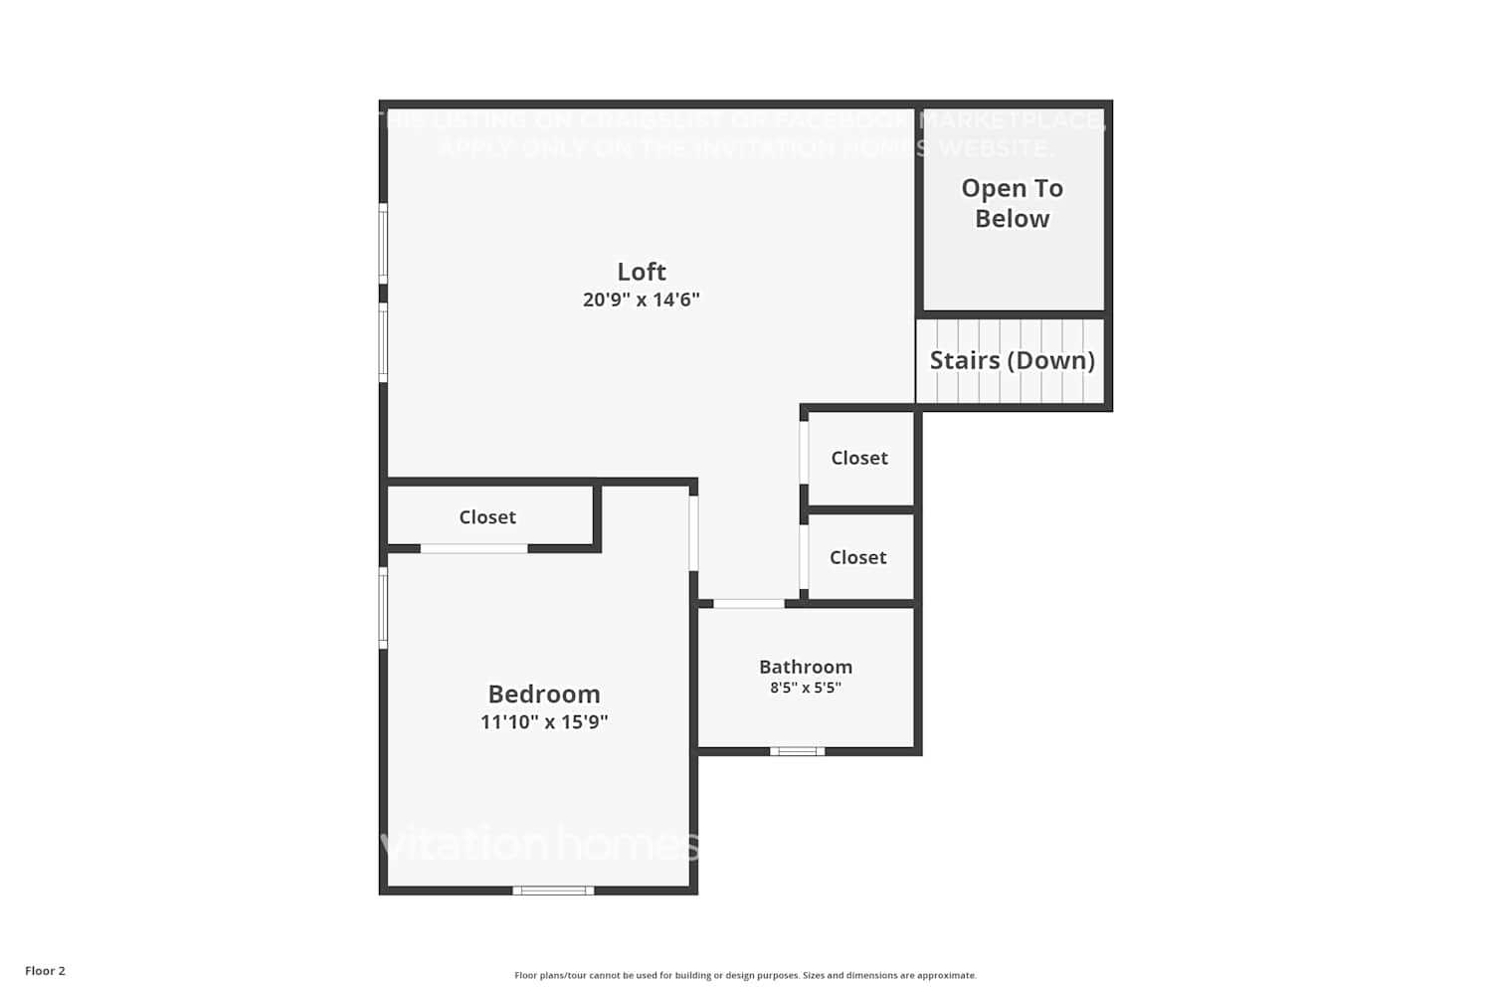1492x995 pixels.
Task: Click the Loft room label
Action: pos(642,272)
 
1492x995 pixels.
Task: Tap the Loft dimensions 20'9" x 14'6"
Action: pos(642,299)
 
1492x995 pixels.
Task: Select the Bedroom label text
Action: pos(544,694)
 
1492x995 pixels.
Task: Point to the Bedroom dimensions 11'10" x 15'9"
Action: pos(544,722)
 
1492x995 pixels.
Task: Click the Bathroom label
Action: pos(806,667)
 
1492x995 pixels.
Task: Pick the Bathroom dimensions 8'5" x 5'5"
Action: pos(806,688)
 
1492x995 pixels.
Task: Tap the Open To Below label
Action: pos(1012,203)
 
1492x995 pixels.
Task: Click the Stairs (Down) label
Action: pos(1012,360)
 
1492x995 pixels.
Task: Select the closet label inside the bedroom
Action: pos(487,517)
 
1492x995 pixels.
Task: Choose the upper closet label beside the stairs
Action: pos(859,458)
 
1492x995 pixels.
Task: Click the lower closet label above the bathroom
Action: pos(857,557)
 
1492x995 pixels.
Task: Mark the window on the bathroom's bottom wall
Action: pos(797,751)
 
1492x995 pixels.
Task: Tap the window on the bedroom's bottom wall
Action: pos(553,891)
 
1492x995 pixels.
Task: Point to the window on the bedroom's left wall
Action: pos(383,608)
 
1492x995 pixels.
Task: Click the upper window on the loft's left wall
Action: pos(383,243)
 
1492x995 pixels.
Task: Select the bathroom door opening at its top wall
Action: pos(749,603)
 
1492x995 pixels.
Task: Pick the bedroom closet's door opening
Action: pos(473,548)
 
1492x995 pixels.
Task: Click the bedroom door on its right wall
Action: pos(693,533)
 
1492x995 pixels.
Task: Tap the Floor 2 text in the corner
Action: pos(45,971)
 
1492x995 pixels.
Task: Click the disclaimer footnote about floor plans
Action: pos(745,975)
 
